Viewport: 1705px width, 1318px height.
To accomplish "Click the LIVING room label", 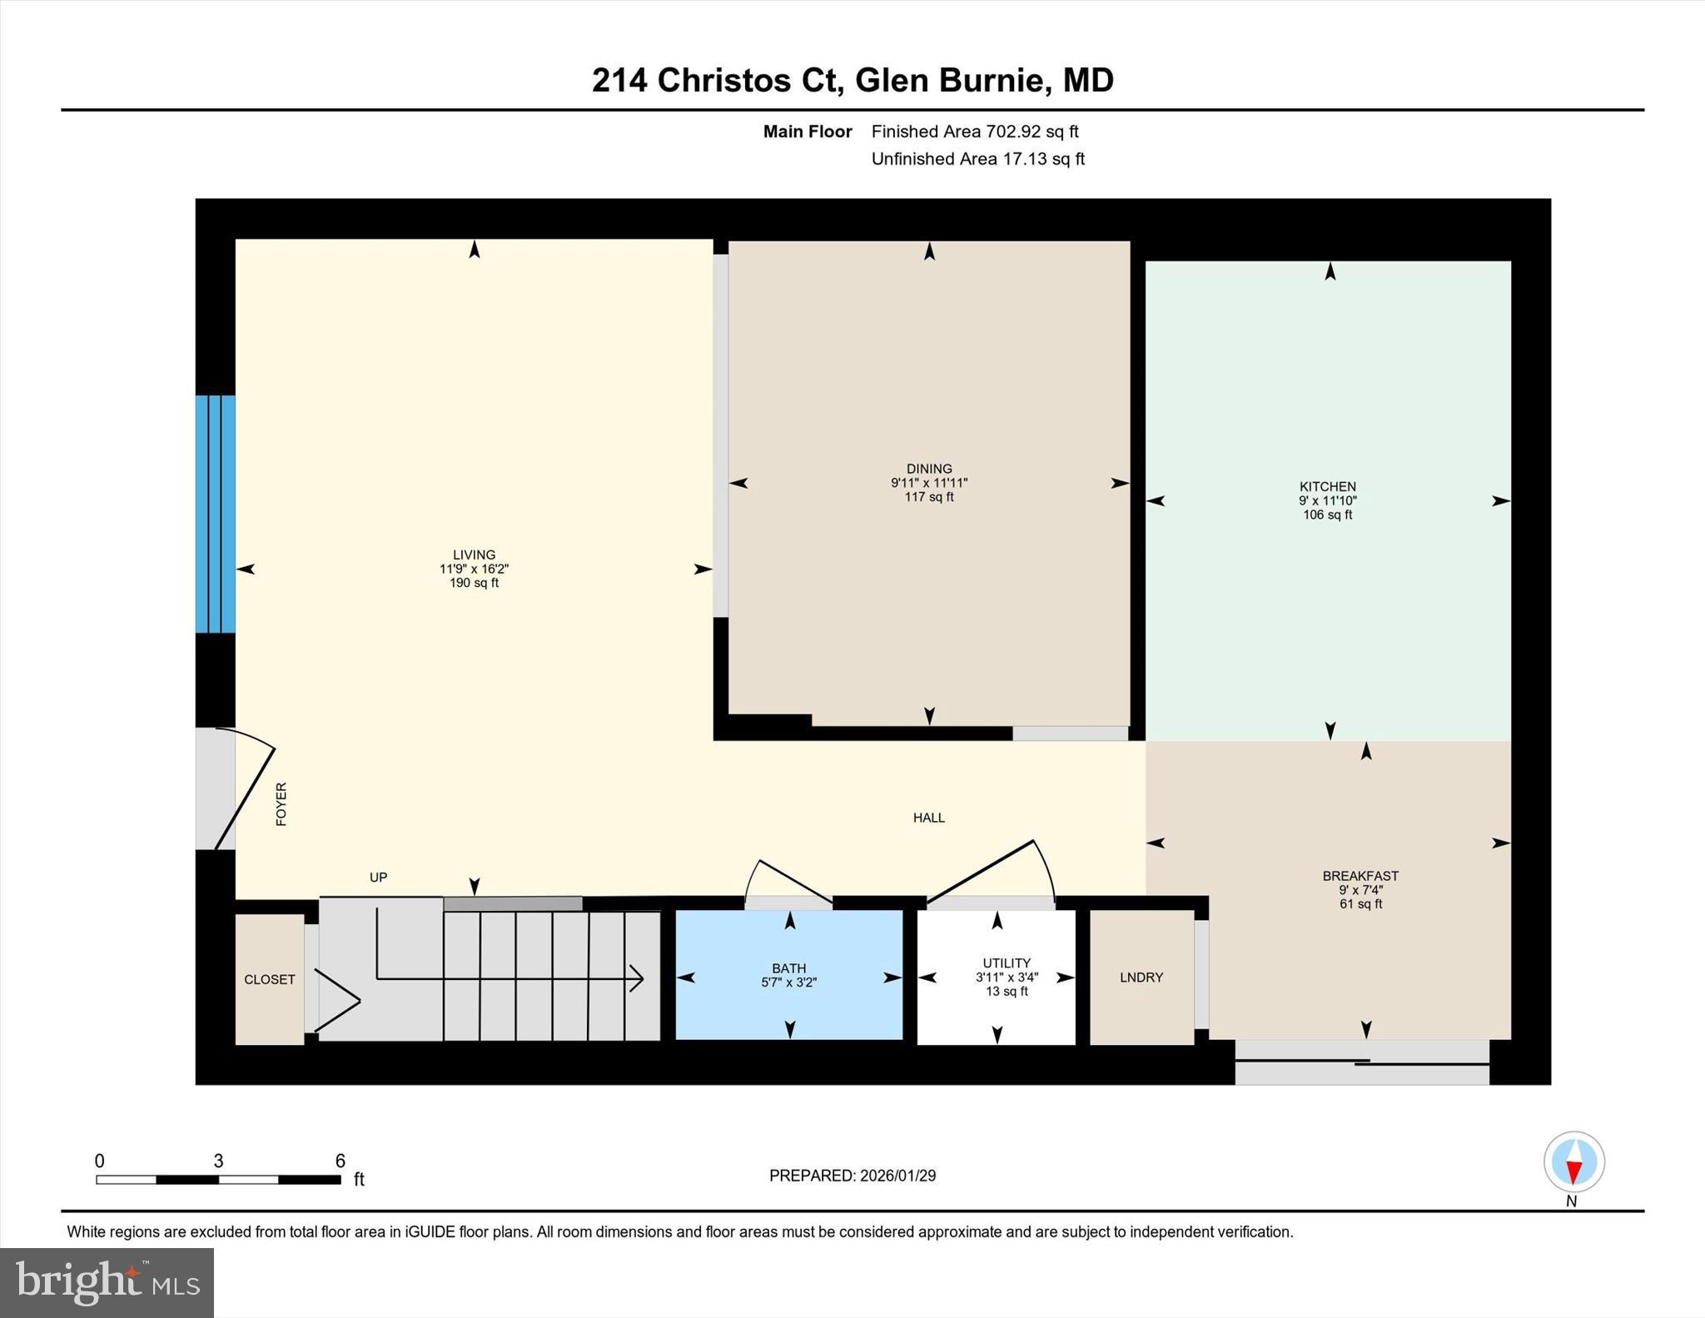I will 474,555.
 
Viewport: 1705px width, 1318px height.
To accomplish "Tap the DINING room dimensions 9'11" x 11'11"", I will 929,483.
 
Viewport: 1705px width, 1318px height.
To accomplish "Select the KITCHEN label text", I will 1327,486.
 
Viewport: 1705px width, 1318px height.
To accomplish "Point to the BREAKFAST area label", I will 1360,876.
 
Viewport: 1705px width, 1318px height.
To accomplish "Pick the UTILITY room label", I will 1006,962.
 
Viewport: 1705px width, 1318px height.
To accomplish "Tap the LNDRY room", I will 1141,977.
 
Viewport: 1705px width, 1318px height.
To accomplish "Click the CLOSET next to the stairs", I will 269,980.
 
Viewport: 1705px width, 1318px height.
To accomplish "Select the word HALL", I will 928,818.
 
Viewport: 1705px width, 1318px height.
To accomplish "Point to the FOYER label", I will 281,804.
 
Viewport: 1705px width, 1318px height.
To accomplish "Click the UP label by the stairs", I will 378,878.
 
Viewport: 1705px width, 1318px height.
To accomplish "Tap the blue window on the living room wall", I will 215,514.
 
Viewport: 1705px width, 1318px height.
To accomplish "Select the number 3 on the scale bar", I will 218,1161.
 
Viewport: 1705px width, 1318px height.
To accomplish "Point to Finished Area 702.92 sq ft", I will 974,132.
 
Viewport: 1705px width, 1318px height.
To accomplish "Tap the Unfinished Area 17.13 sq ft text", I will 977,159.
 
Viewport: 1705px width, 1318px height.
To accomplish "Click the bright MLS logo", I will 107,1282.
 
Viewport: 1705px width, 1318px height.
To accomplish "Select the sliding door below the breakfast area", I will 1361,1063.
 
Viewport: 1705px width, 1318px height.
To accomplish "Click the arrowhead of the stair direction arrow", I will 639,978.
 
